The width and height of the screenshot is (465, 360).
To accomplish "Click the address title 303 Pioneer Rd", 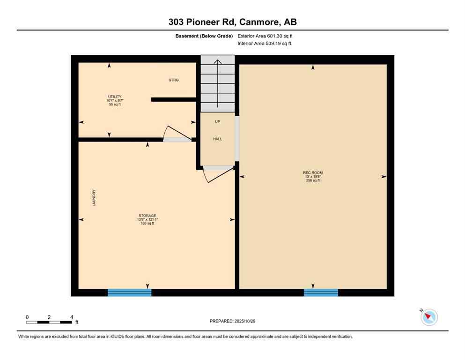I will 232,22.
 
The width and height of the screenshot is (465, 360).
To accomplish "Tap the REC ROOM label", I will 313,172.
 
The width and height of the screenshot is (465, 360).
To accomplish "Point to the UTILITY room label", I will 114,97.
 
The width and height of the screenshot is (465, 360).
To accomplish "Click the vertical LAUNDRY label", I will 94,198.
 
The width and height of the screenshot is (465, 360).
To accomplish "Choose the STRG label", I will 174,80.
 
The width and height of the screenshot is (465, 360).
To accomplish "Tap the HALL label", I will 217,139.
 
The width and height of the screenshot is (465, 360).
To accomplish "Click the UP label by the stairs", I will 217,121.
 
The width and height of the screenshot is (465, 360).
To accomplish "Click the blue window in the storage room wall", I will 130,292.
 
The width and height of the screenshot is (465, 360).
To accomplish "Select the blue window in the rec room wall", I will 321,292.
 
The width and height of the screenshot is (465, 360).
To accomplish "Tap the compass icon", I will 429,317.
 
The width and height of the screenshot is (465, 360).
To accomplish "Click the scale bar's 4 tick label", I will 71,317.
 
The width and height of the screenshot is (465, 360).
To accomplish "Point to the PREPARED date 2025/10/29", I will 232,321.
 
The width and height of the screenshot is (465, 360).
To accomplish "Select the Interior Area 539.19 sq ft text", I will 265,44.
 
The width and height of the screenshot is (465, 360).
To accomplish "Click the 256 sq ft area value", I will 313,180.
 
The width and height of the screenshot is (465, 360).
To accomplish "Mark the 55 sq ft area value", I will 114,104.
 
